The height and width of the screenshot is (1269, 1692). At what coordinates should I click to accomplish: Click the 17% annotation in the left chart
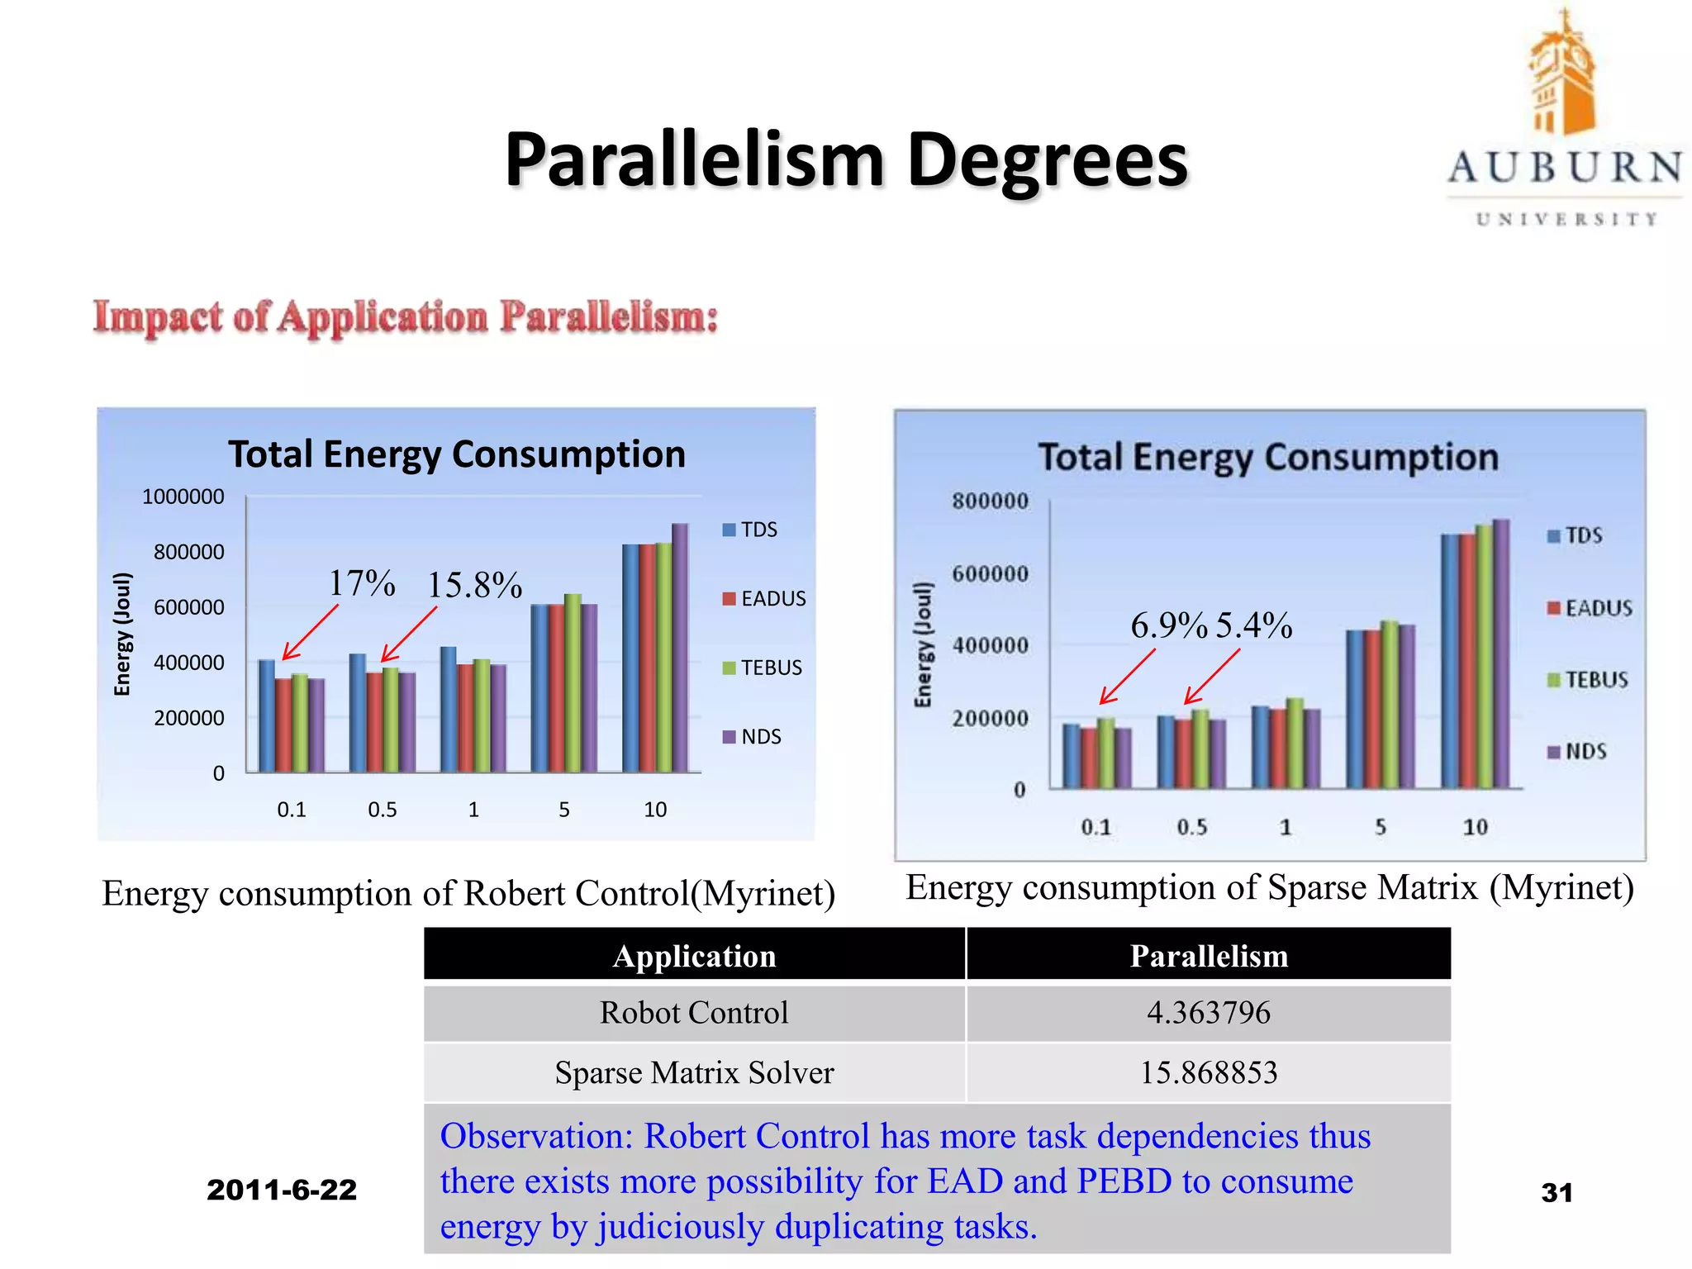pos(362,583)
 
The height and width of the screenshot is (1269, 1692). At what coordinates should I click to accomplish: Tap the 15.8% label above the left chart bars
pos(474,585)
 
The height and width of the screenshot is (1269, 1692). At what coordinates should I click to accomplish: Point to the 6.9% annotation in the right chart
pos(1168,625)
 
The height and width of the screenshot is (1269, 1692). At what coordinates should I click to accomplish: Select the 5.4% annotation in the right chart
pos(1253,625)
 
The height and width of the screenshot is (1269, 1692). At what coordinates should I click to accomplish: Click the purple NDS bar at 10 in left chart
pos(680,648)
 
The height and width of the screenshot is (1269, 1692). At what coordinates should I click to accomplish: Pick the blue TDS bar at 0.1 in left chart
pos(266,715)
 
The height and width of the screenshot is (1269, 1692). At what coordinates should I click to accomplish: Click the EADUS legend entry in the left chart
pos(764,598)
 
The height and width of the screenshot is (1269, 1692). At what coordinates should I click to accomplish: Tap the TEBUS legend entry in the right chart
pos(1587,680)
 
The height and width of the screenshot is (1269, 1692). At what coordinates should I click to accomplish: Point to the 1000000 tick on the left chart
pos(183,497)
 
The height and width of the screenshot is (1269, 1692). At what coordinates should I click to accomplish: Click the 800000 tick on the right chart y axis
pos(990,501)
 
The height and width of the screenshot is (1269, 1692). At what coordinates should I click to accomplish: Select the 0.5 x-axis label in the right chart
pos(1191,827)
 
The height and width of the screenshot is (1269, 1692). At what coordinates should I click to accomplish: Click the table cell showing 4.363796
pos(1208,1013)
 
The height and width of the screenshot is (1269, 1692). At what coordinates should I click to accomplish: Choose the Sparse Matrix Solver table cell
pos(694,1072)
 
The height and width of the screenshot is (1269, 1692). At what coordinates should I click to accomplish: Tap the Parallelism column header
pos(1208,956)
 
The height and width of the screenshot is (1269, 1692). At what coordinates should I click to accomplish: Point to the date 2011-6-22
pos(282,1190)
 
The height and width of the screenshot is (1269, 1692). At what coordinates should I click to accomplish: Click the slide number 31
pos(1557,1192)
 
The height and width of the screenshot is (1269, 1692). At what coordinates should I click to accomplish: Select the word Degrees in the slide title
pos(1047,159)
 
